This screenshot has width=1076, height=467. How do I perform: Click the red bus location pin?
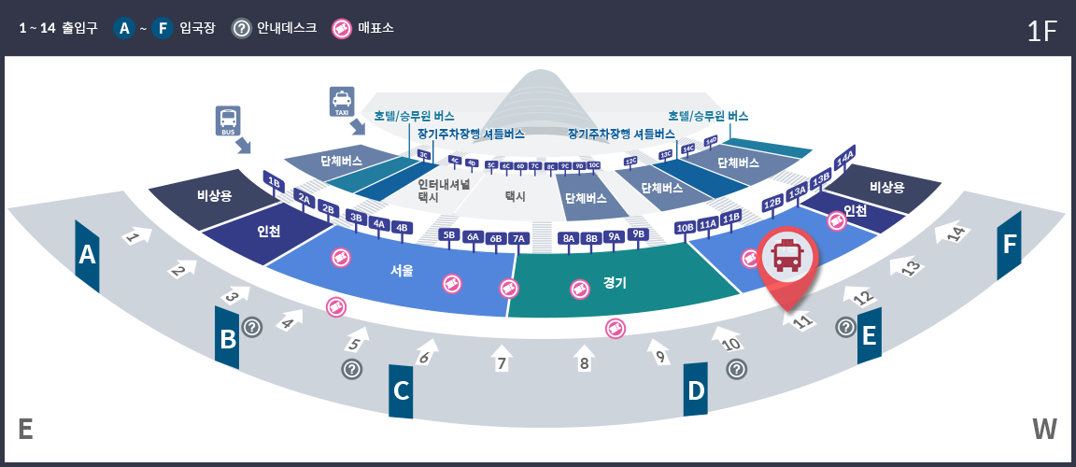click(787, 259)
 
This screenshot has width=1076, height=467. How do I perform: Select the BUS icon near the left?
click(228, 120)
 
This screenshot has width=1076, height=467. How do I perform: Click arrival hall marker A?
click(87, 254)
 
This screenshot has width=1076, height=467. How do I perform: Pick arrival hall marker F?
click(1009, 245)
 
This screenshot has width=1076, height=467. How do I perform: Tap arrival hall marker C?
click(401, 390)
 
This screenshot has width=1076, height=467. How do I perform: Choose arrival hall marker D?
click(696, 389)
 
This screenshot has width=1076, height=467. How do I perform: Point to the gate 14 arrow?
click(956, 233)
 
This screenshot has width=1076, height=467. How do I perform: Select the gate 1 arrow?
click(135, 236)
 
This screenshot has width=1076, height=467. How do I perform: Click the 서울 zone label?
click(403, 271)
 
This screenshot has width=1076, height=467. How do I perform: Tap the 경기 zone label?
click(615, 282)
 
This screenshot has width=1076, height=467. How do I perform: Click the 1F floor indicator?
click(1041, 31)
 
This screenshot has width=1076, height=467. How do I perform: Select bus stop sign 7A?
click(519, 238)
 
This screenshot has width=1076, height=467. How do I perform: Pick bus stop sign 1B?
click(274, 181)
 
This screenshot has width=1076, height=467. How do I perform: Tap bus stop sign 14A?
click(846, 158)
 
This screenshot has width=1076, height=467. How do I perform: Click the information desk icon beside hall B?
click(252, 327)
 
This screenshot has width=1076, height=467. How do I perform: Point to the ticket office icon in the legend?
click(342, 28)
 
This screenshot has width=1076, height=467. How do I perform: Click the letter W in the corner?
click(1044, 429)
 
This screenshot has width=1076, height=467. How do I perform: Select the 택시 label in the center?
click(516, 196)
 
